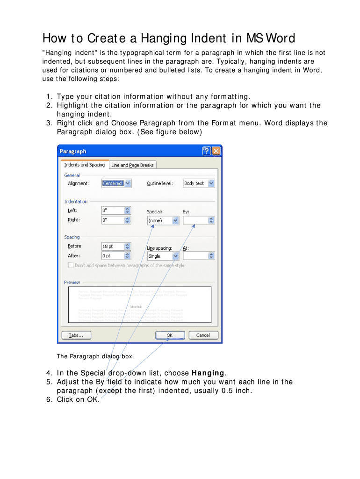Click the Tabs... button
[77, 335]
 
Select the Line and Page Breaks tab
[132, 165]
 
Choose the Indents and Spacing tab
[84, 165]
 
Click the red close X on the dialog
[216, 151]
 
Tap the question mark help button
[206, 151]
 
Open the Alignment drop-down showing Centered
[116, 183]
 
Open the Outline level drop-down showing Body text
[199, 183]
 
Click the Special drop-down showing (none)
[163, 220]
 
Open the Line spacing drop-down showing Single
[163, 256]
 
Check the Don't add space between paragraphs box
[71, 265]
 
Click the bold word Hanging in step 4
[208, 373]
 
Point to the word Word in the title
[280, 37]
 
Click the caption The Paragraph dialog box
[95, 356]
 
